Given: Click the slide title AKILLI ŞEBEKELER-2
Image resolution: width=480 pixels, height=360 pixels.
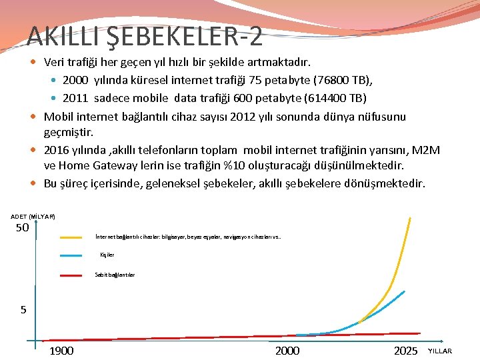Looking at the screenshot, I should coord(145,36).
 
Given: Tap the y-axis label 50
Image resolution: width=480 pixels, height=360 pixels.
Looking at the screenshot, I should coord(22,228).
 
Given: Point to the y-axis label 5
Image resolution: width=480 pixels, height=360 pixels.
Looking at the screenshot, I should coord(23,309).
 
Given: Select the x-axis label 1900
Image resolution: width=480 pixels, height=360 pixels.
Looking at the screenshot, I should coord(61,351).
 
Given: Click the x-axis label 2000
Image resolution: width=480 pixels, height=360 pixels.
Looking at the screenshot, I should coord(287,351).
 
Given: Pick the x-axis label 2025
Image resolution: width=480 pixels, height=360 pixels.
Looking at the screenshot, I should coord(405,351).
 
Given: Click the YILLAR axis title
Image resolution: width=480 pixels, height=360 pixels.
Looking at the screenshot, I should coord(439,351).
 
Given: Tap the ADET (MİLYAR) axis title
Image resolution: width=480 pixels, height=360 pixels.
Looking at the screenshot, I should coord(33,217).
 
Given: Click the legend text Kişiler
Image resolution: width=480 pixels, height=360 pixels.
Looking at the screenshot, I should coord(107,255).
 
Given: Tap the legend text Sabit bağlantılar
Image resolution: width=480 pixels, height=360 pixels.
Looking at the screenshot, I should coord(115,275).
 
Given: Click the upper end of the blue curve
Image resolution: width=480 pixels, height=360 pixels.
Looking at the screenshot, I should coord(404,291).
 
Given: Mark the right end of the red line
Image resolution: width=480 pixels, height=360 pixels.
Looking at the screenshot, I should coord(420,333).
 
